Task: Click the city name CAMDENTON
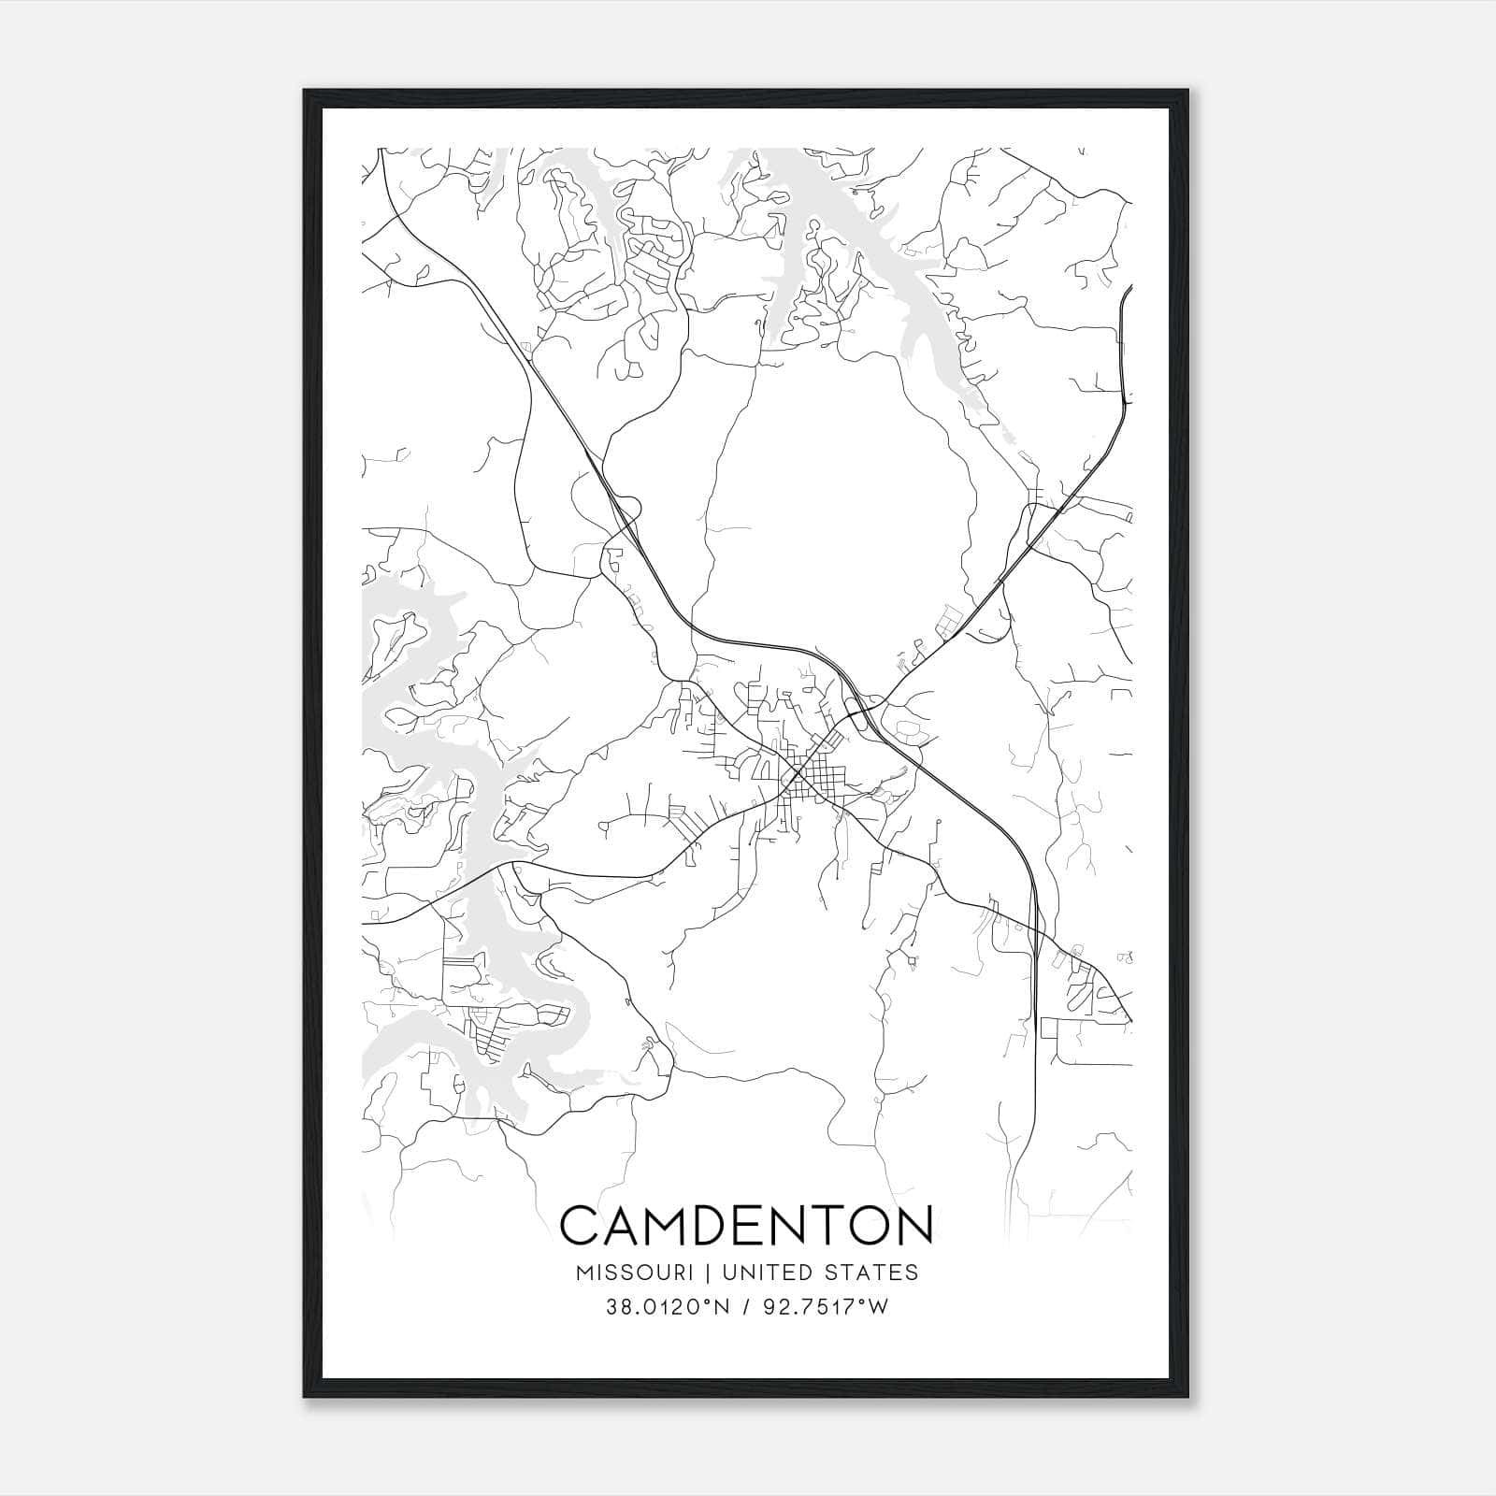[746, 1226]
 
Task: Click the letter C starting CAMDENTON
[582, 1226]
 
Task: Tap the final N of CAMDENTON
[913, 1226]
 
